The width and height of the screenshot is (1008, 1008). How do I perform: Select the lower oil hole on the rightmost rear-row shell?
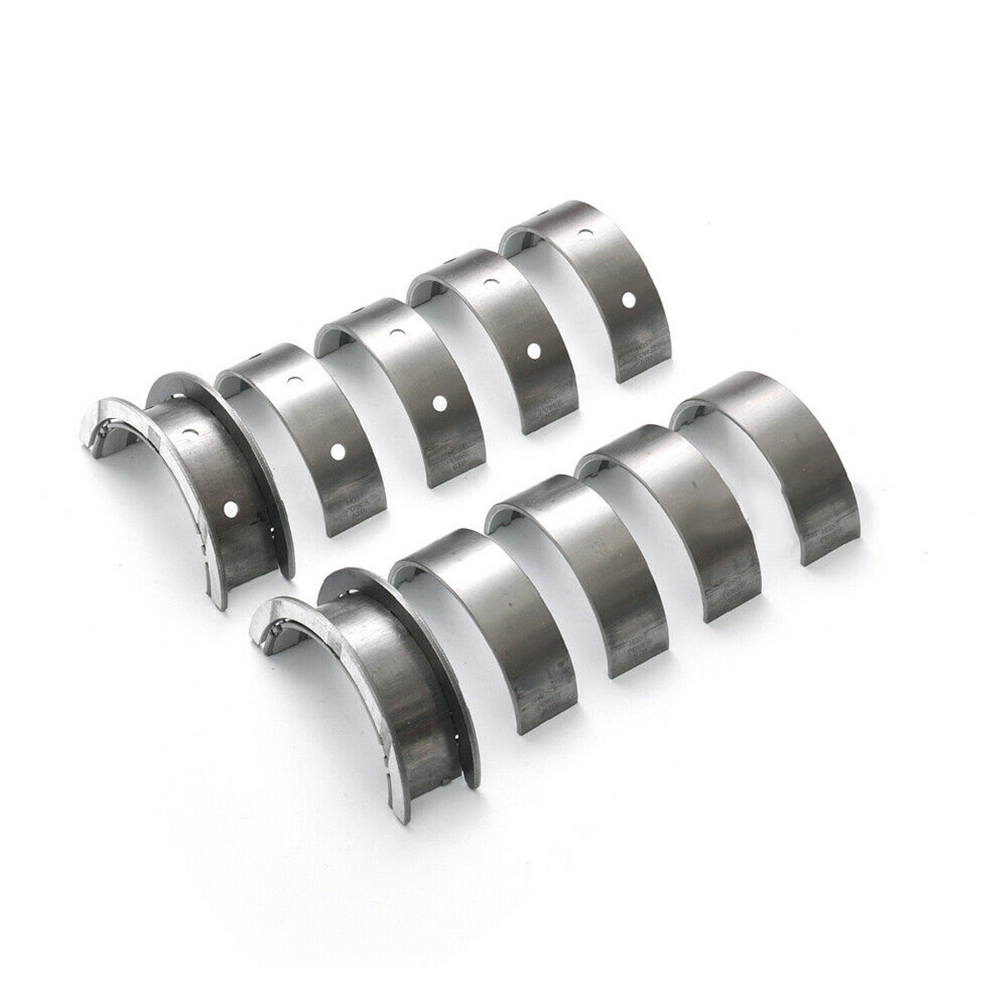(x=628, y=298)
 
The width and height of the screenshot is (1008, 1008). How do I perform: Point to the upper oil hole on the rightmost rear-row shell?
(x=586, y=235)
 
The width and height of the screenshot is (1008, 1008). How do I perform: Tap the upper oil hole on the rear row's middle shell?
(x=396, y=333)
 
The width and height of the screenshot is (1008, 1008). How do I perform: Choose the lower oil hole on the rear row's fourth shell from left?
(x=534, y=349)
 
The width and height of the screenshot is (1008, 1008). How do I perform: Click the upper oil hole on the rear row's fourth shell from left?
(x=491, y=284)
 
